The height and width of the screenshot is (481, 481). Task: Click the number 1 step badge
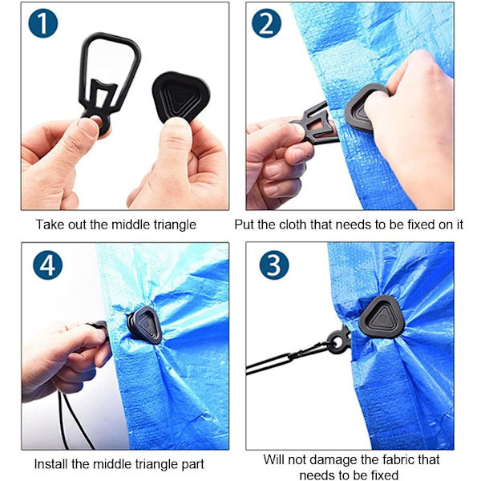click(43, 23)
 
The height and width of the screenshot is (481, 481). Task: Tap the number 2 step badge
click(266, 23)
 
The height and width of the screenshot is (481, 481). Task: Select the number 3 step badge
click(274, 265)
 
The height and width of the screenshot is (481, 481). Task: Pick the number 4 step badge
click(47, 265)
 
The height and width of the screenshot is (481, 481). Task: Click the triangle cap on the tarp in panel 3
click(382, 317)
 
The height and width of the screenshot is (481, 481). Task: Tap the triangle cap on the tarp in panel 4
click(145, 325)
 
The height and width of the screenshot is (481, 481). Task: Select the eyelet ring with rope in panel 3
click(338, 342)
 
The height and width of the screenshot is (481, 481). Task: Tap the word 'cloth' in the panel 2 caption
click(293, 224)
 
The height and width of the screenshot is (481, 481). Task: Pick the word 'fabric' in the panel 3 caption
click(401, 459)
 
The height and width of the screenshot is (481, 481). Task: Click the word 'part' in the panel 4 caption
click(192, 465)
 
